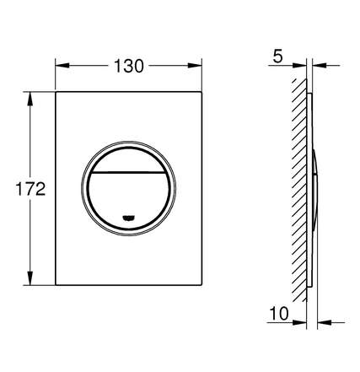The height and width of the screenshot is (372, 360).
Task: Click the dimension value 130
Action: (x=129, y=67)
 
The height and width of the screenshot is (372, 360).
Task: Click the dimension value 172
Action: (x=30, y=189)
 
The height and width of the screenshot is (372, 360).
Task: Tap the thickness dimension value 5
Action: (x=277, y=57)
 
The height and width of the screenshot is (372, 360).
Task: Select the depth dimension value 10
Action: (x=279, y=313)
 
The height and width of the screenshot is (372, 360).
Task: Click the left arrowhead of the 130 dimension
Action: (x=62, y=66)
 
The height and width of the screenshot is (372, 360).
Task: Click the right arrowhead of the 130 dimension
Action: (x=195, y=66)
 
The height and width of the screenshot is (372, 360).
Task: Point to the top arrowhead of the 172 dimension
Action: (x=30, y=99)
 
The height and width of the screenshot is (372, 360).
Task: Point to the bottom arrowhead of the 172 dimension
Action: (x=30, y=278)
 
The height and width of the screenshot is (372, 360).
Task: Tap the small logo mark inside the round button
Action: (x=129, y=218)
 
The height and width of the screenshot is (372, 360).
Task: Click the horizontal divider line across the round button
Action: (x=129, y=172)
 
